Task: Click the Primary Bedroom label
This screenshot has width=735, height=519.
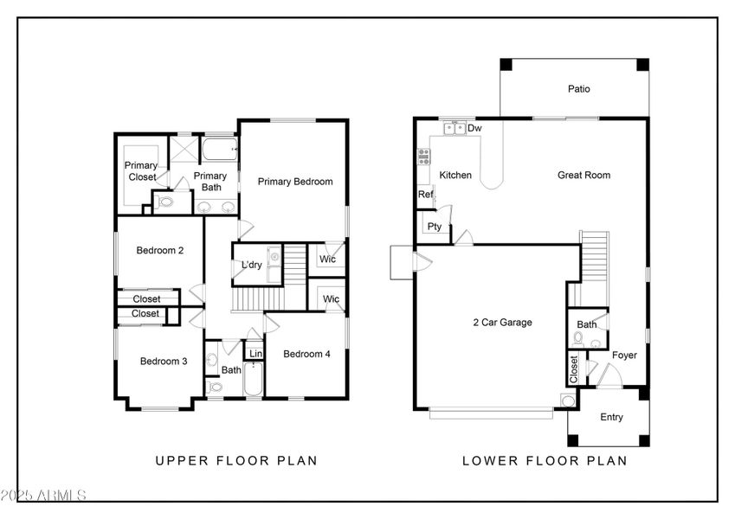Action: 294,182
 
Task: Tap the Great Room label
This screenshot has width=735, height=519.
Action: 583,175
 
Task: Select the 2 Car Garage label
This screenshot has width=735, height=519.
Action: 502,323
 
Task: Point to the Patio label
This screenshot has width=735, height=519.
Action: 579,88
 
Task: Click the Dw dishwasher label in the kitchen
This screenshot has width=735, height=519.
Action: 474,129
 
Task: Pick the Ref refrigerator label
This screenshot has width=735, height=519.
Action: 425,195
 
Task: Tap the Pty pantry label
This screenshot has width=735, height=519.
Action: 435,227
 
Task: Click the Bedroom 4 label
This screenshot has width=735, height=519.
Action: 306,354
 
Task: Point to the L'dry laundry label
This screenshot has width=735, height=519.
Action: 252,265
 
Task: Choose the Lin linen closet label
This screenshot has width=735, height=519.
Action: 255,354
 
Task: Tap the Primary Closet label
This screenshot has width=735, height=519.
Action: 140,171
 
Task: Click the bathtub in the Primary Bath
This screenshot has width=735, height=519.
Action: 220,151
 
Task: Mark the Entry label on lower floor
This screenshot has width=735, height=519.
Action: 611,418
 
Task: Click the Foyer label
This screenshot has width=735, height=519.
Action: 624,355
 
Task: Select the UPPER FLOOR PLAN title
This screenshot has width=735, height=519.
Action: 235,461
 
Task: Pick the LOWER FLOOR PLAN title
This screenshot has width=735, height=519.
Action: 545,461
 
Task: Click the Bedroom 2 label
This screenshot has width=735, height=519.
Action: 160,251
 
